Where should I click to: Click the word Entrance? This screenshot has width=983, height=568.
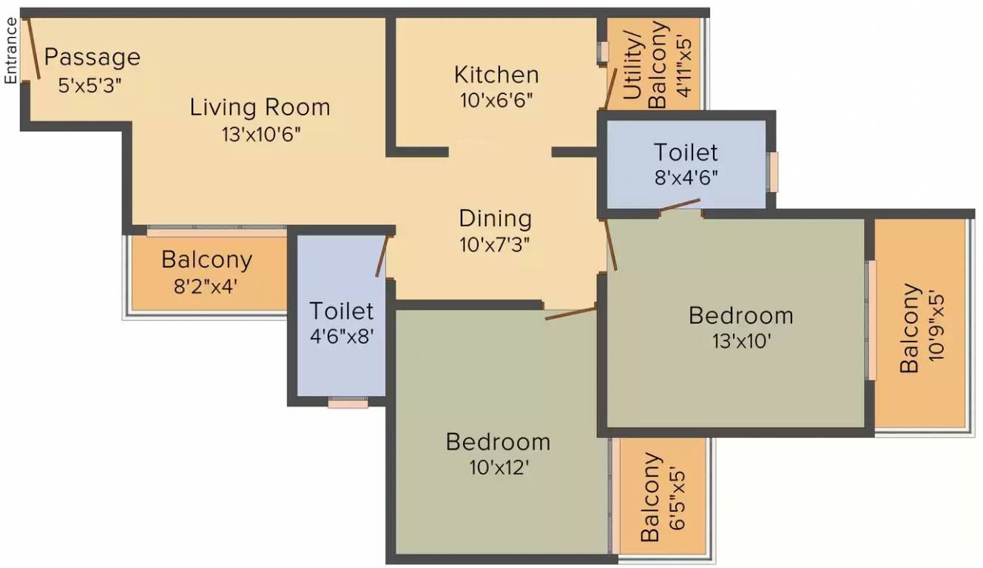point(10,50)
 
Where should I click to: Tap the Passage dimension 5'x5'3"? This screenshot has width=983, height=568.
point(89,85)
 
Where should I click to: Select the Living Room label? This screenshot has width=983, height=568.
point(260,107)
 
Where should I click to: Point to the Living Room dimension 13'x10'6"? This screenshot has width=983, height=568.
point(261,135)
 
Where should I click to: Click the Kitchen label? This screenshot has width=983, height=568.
point(496,75)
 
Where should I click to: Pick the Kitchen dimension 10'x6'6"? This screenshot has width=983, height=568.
point(496,101)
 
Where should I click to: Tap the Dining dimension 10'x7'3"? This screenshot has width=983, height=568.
point(495,245)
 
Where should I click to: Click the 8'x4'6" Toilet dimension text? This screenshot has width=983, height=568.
point(686,177)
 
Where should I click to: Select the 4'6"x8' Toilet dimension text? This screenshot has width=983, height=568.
point(342,337)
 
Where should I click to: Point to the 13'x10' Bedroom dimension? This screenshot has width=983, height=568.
point(741,341)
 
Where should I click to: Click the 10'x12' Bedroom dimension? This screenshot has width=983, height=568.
point(499,467)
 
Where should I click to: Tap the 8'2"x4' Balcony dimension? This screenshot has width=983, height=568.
point(206,287)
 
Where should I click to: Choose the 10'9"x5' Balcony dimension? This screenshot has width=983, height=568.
point(935,325)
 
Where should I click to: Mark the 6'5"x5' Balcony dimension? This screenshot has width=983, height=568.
point(676,501)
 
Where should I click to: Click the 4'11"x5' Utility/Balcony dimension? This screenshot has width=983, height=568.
point(683,67)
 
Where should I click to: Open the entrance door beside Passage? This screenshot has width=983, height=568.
point(34,49)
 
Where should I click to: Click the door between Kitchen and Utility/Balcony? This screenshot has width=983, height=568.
point(610,89)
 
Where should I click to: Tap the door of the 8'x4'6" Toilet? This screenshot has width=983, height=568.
point(680,205)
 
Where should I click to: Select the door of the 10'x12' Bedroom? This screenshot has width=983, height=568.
point(570,314)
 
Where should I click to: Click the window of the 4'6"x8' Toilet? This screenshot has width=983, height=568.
point(348,403)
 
